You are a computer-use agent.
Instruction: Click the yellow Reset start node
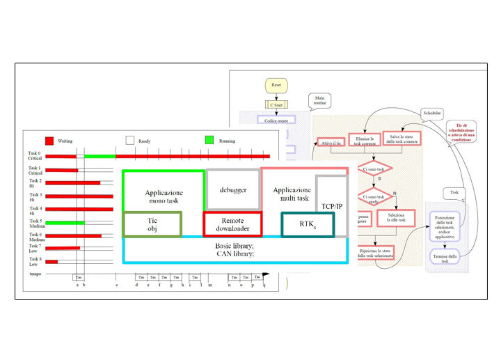pyautogui.click(x=276, y=86)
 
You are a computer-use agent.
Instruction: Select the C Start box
pyautogui.click(x=276, y=105)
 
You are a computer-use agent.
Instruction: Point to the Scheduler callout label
pyautogui.click(x=431, y=112)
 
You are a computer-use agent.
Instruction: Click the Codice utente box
pyautogui.click(x=274, y=120)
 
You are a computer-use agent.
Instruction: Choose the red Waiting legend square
pyautogui.click(x=49, y=140)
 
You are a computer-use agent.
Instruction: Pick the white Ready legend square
pyautogui.click(x=130, y=140)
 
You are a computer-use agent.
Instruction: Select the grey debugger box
pyautogui.click(x=233, y=189)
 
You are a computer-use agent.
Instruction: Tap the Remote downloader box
pyautogui.click(x=232, y=223)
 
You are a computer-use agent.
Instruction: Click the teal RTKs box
pyautogui.click(x=307, y=224)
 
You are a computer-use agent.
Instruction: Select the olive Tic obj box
pyautogui.click(x=152, y=224)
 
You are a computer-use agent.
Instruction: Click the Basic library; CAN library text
pyautogui.click(x=234, y=250)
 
